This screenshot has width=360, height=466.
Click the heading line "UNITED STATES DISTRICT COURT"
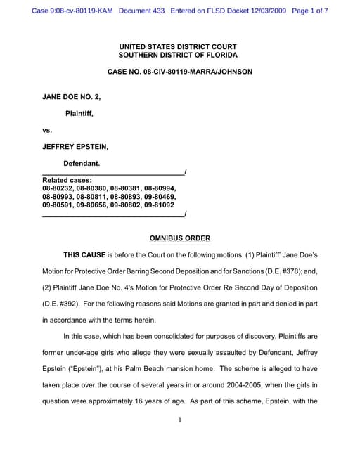[x=178, y=46]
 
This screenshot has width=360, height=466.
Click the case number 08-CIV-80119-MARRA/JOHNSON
[x=179, y=72]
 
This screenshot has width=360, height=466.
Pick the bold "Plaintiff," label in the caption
[x=79, y=112]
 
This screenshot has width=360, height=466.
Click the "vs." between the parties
[x=48, y=130]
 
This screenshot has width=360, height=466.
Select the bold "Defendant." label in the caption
[x=82, y=163]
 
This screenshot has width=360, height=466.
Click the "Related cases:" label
[x=66, y=180]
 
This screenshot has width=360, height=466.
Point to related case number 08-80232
[x=58, y=188]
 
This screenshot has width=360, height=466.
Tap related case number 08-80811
[x=92, y=197]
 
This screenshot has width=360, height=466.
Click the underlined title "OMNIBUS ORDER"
[x=180, y=238]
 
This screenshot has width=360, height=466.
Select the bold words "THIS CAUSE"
[x=84, y=255]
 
